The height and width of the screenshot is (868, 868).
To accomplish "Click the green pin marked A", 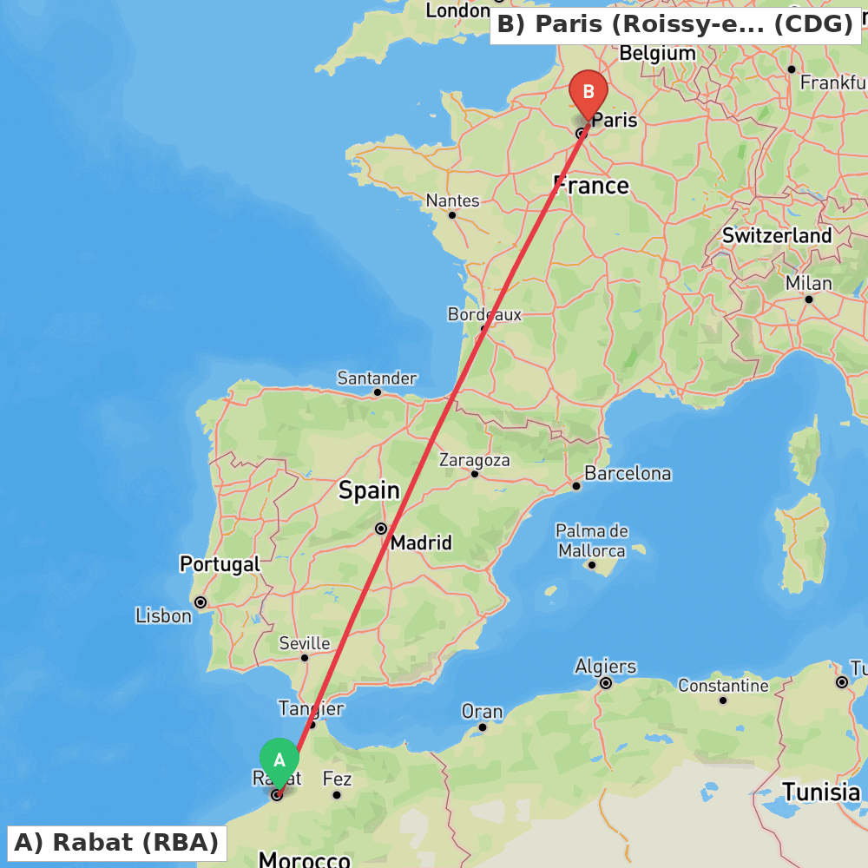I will point(279,761).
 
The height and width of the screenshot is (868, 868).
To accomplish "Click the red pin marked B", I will point(589,93).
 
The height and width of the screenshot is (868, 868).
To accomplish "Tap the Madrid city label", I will point(421,542).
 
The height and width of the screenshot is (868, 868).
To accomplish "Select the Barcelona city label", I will point(628,473).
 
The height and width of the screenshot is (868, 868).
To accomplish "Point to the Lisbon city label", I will point(163,615).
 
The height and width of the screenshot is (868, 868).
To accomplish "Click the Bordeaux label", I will point(484,314).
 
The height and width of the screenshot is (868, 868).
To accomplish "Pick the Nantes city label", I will point(452,201).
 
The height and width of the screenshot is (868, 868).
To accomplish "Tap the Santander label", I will point(377,378).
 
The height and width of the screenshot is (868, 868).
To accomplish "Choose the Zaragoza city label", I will point(474,459).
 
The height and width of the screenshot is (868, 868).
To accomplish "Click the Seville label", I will point(304,643).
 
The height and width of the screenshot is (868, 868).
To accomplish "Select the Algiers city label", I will point(606,667).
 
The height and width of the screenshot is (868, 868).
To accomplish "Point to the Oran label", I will point(482,712).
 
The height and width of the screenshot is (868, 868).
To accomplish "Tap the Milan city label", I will point(808,283).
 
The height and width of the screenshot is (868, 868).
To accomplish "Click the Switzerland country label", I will point(777,235).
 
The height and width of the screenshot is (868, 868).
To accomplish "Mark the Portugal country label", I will point(220,564).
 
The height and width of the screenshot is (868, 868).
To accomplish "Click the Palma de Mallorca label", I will point(592,541).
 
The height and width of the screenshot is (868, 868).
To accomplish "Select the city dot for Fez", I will point(337,794).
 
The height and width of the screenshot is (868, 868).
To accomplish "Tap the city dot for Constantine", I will point(723,700).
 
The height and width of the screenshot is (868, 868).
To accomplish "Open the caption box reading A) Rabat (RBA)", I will point(116,842).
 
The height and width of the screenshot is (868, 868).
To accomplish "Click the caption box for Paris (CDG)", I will point(675,24).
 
